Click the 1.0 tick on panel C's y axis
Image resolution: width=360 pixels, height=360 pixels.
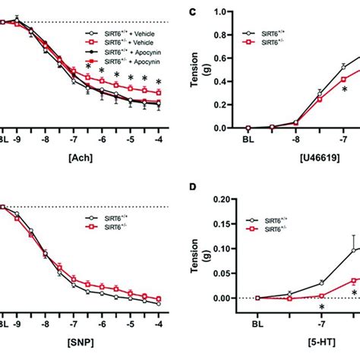[x=225, y=11]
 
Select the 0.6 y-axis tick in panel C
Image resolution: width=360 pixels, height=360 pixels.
[x=225, y=58]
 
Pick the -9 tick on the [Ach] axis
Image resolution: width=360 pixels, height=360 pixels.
[x=17, y=139]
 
